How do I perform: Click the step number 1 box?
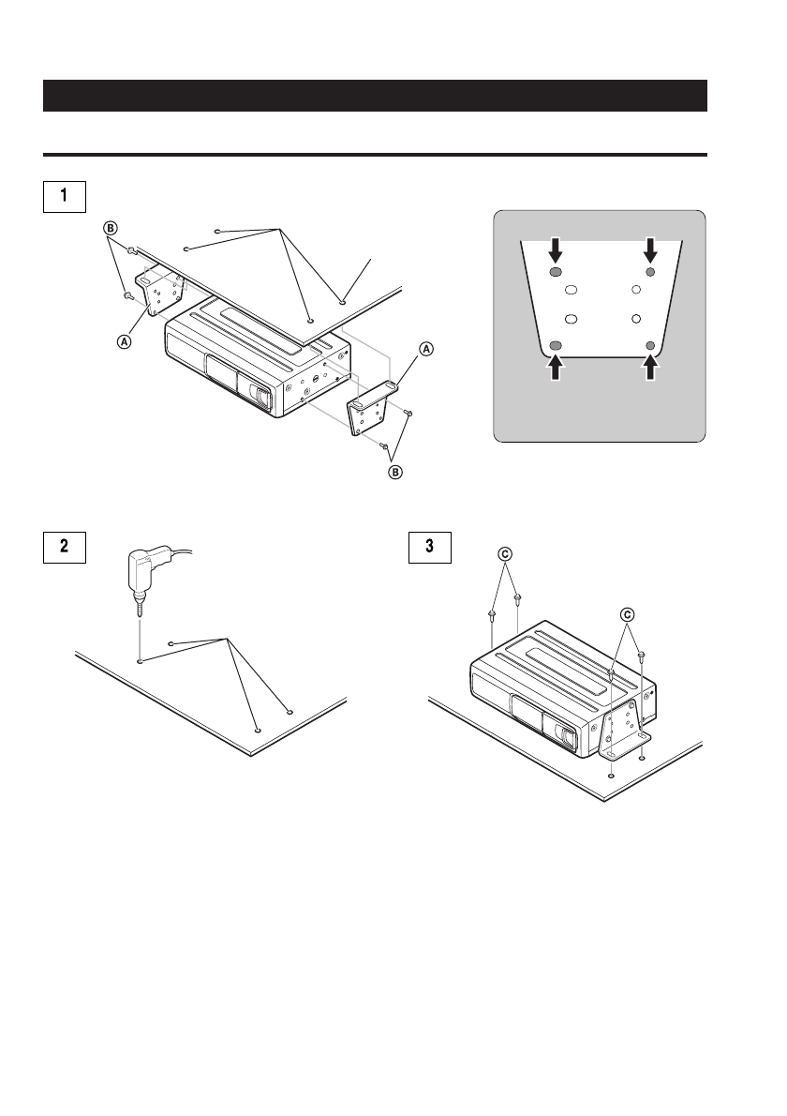pyautogui.click(x=64, y=196)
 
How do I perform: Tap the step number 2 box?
pyautogui.click(x=64, y=546)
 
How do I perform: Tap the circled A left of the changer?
pyautogui.click(x=125, y=342)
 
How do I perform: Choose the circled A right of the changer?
pyautogui.click(x=426, y=349)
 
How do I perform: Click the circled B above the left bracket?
pyautogui.click(x=109, y=227)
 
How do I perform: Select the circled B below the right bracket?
pyautogui.click(x=394, y=472)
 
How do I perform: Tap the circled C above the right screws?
pyautogui.click(x=627, y=614)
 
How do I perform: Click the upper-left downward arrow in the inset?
pyautogui.click(x=556, y=250)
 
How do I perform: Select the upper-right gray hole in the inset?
pyautogui.click(x=649, y=272)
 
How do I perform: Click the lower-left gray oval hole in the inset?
pyautogui.click(x=556, y=346)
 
